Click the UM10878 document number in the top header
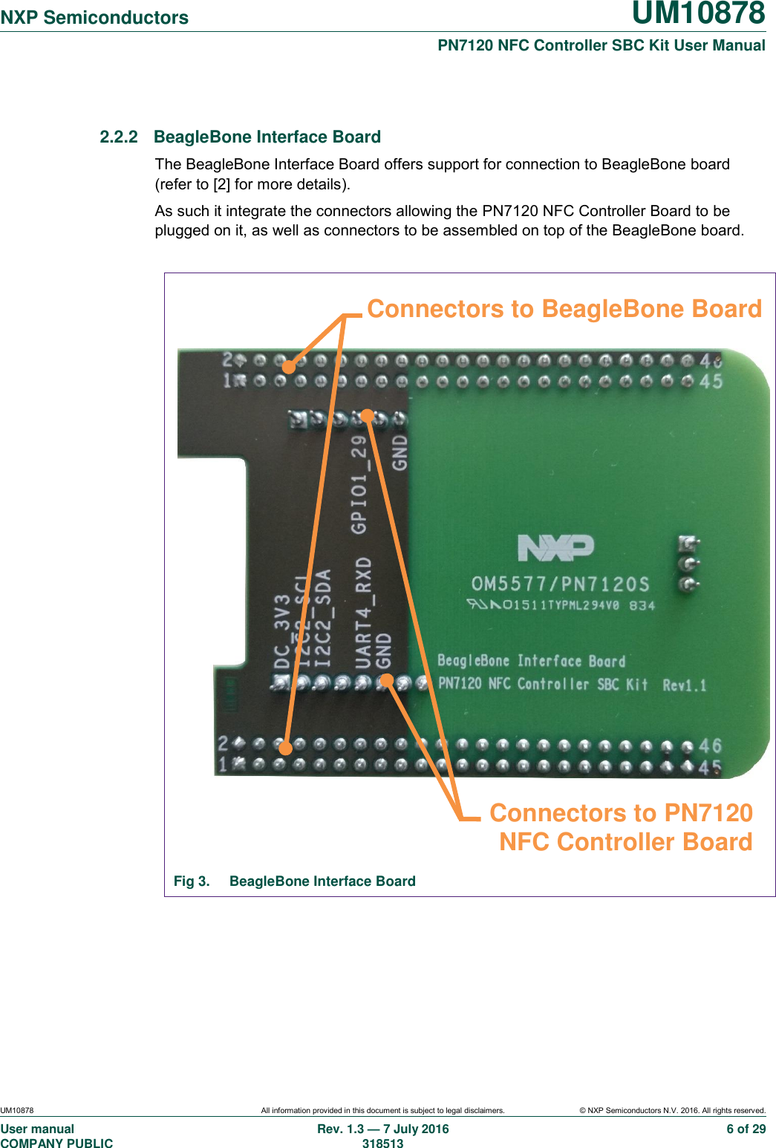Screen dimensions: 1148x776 698,14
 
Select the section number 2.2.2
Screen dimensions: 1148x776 119,137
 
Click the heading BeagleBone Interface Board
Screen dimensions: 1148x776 267,137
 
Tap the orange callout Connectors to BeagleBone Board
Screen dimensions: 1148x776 564,309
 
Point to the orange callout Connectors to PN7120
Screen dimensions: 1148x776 621,813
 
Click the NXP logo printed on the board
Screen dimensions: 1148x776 555,548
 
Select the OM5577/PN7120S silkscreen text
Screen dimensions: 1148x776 561,584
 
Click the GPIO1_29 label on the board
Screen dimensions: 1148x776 359,484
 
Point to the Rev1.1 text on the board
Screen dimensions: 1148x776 684,685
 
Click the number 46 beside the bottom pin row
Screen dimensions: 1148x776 710,746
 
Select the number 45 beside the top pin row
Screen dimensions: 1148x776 711,382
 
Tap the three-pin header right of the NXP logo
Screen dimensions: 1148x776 688,564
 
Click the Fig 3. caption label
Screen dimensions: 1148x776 192,881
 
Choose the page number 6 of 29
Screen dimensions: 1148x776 746,1129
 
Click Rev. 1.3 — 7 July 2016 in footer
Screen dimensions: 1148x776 382,1129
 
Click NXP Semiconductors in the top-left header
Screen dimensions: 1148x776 94,18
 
